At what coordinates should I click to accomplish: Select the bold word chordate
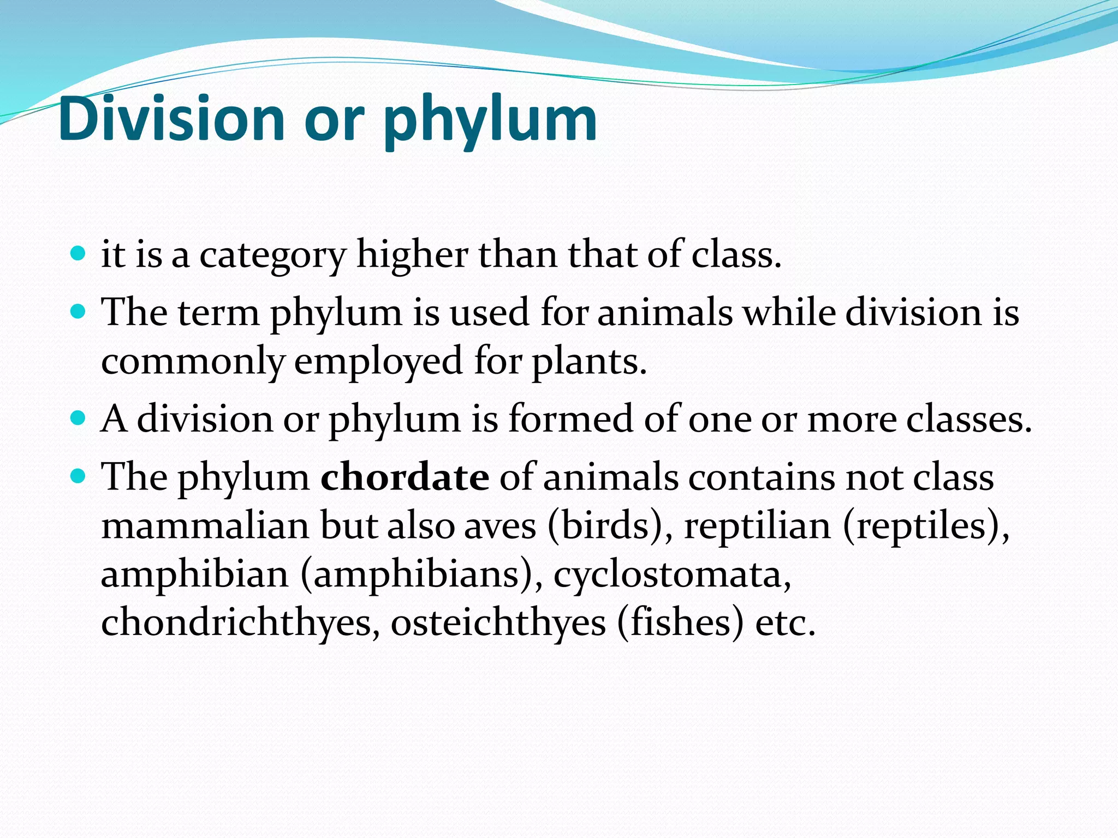coord(405,477)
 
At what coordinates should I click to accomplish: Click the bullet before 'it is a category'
coord(79,254)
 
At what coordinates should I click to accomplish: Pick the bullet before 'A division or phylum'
coord(79,418)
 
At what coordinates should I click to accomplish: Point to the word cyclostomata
coord(672,575)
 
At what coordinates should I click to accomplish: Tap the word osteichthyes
coord(498,622)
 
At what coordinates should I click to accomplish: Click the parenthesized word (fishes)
coord(680,622)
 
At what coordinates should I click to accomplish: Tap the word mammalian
coord(206,526)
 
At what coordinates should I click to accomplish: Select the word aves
coord(500,527)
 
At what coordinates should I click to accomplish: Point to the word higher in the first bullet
coord(412,255)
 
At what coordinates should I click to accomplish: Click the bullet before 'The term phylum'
coord(79,312)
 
